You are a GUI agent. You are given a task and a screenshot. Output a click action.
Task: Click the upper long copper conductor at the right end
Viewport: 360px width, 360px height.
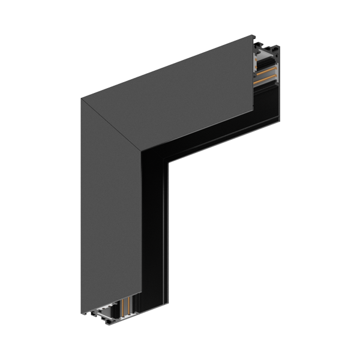coord(266,71)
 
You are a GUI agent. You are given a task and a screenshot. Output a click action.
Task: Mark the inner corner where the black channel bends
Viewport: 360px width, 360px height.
coord(168,161)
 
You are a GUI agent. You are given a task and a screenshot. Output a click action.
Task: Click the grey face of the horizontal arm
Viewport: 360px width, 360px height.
coord(180,96)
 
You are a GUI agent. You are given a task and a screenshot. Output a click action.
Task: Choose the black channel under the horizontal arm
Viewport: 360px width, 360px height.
coord(216,132)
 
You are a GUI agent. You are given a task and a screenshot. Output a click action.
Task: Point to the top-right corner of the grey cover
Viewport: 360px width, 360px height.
coord(253,37)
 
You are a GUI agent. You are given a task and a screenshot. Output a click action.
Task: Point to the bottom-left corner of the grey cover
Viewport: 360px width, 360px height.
coord(82,313)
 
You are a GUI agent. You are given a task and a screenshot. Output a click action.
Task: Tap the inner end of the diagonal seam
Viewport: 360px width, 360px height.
coord(142,152)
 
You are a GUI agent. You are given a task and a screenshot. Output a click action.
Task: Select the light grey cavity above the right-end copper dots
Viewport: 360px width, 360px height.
coord(264,53)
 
